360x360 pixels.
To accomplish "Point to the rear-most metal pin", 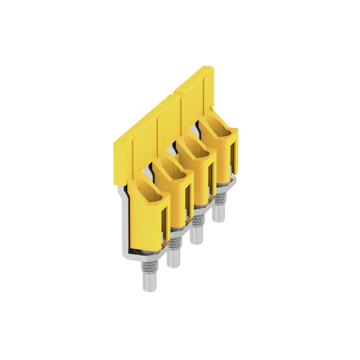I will [218, 213].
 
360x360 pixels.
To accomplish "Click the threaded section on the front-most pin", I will [149, 266].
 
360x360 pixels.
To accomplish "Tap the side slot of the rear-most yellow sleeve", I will [233, 155].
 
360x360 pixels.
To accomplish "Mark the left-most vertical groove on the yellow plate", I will [133, 157].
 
